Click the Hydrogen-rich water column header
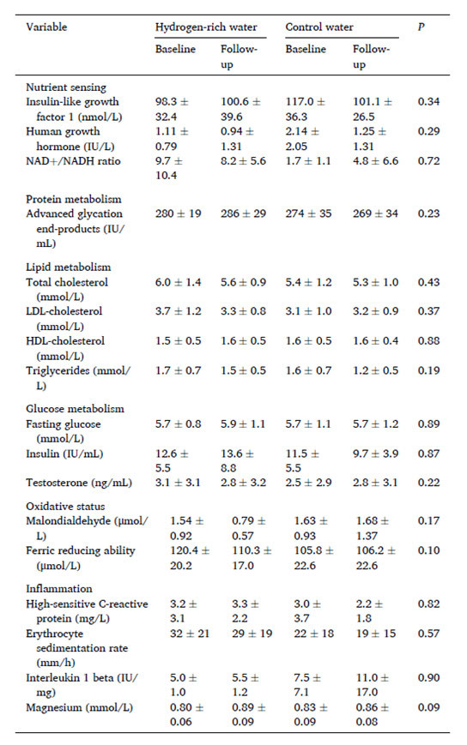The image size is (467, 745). click(206, 27)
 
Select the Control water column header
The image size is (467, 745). click(319, 27)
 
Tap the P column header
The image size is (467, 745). click(421, 27)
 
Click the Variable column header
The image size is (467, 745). click(46, 27)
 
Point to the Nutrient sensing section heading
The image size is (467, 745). click(66, 87)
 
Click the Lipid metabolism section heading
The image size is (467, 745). click(69, 267)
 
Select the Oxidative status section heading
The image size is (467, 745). click(65, 507)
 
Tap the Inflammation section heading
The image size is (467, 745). click(59, 589)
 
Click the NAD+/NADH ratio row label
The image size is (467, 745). click(73, 161)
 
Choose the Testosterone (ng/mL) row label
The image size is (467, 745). click(79, 483)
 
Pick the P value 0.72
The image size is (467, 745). click(428, 161)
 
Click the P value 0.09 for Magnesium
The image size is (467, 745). click(428, 707)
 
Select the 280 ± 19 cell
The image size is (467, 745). click(179, 213)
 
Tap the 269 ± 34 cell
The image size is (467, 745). click(376, 213)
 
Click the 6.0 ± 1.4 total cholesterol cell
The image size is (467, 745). click(179, 282)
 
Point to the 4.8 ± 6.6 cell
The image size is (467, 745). click(376, 161)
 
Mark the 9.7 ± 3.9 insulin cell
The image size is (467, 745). click(376, 454)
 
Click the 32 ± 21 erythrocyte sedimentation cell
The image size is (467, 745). click(190, 634)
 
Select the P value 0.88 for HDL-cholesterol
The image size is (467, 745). click(428, 341)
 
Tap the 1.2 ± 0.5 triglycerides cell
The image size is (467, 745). click(376, 370)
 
